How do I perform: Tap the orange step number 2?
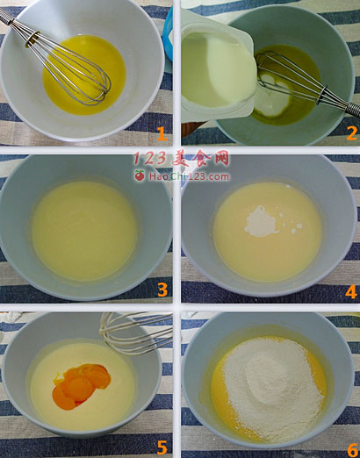(351, 133)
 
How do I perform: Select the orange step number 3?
(162, 290)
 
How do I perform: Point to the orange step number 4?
(351, 291)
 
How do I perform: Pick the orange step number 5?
(162, 447)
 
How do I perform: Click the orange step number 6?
(353, 449)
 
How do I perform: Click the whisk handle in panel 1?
(6, 17)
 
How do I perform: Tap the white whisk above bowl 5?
(135, 333)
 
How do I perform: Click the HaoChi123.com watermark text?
(189, 176)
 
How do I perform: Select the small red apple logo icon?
(140, 175)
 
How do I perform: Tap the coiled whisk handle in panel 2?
(353, 109)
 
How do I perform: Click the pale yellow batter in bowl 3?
(84, 231)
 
